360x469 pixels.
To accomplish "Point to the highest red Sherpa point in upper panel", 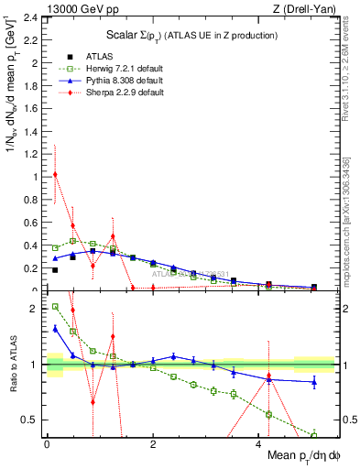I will (55, 174).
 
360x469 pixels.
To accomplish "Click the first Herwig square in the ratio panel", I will (55, 307).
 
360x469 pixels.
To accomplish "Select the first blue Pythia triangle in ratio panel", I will (55, 328).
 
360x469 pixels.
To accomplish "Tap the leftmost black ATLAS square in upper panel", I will (55, 270).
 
